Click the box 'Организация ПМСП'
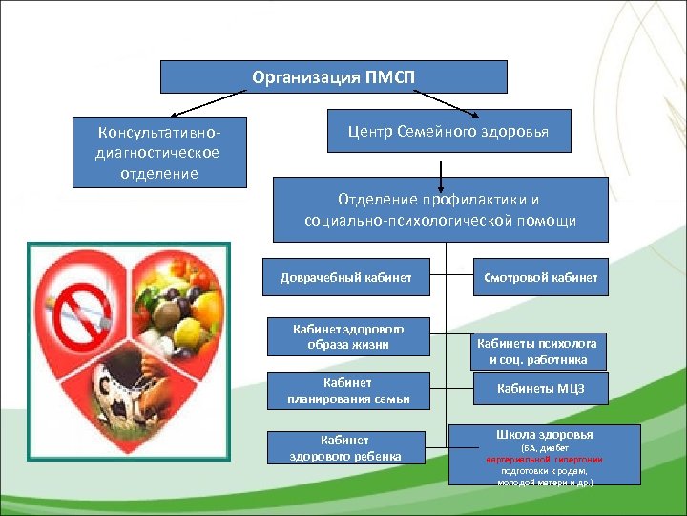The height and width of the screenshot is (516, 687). coord(333,76)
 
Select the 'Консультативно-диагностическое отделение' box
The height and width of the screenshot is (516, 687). coord(159,152)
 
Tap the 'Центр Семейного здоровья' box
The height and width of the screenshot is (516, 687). coord(449,131)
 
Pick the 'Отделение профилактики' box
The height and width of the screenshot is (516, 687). coord(440,209)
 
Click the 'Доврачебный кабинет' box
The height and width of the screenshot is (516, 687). coord(346,278)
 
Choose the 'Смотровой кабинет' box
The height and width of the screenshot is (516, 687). coord(540,278)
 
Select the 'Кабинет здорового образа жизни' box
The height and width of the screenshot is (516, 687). coord(348,336)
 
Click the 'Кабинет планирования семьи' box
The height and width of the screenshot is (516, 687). coord(348,391)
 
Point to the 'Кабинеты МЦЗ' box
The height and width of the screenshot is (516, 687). coord(540,389)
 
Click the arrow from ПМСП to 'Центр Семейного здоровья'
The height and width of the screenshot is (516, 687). coord(449,100)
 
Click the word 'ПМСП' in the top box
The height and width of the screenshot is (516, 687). coord(390,76)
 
